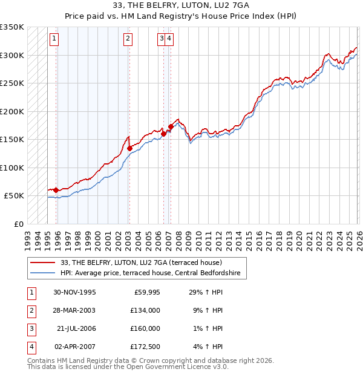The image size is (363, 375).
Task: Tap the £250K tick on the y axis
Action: pos(12,83)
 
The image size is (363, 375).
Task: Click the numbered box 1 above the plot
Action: pos(54,39)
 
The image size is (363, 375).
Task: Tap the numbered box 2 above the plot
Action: pos(128,39)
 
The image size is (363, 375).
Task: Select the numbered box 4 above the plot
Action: pos(169,39)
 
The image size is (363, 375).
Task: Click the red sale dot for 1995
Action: pos(56,190)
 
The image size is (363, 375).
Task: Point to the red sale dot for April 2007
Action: pos(171,127)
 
